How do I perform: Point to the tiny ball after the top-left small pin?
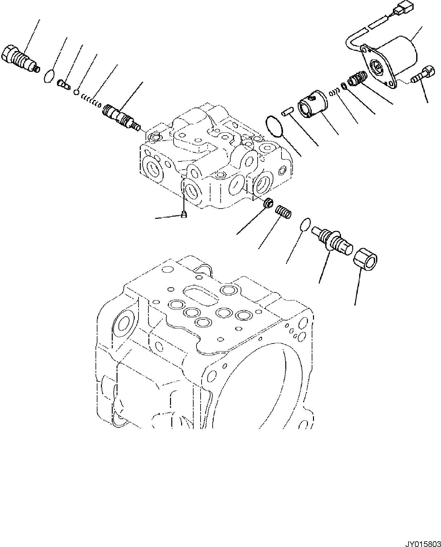point(76,92)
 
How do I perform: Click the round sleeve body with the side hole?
point(313,104)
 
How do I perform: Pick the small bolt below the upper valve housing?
point(183,216)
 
